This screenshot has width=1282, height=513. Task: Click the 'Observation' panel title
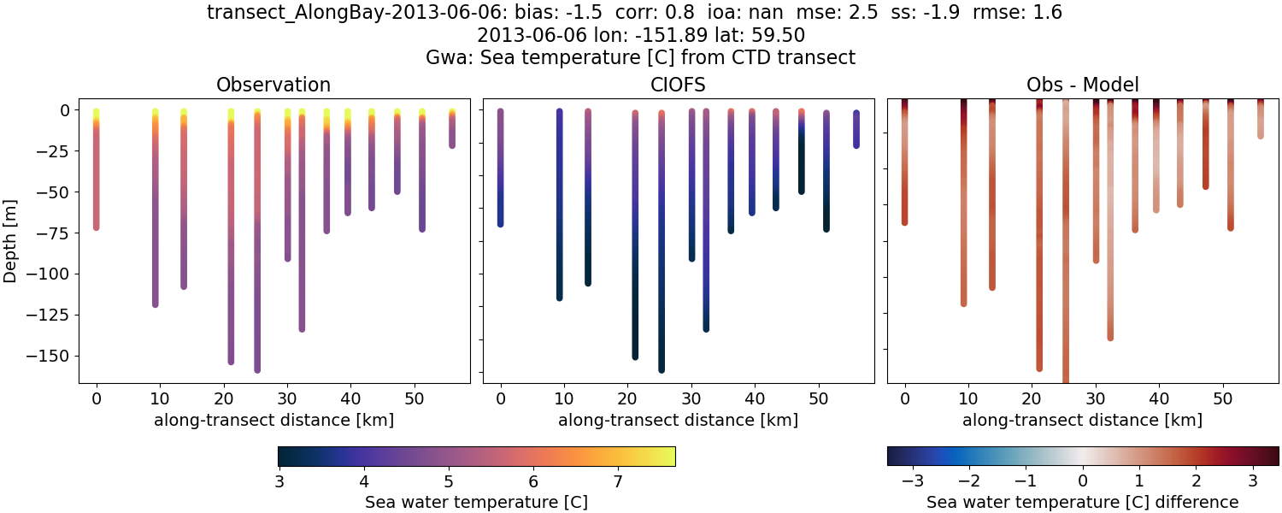pos(273,85)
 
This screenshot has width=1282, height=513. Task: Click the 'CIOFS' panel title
pos(678,85)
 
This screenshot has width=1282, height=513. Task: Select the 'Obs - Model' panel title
pos(1082,85)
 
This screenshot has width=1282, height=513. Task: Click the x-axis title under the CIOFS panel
pos(678,420)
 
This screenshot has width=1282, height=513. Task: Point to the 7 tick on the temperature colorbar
pos(617,481)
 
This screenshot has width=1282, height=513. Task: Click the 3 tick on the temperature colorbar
pos(279,481)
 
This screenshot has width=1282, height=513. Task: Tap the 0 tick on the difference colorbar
pos(1083,481)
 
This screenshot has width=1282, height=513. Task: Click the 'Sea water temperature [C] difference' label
pos(1082,502)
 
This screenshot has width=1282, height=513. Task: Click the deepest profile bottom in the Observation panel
pos(257,369)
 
